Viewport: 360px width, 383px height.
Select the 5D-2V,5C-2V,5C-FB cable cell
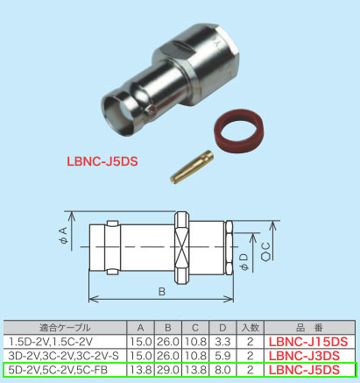point(61,370)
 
